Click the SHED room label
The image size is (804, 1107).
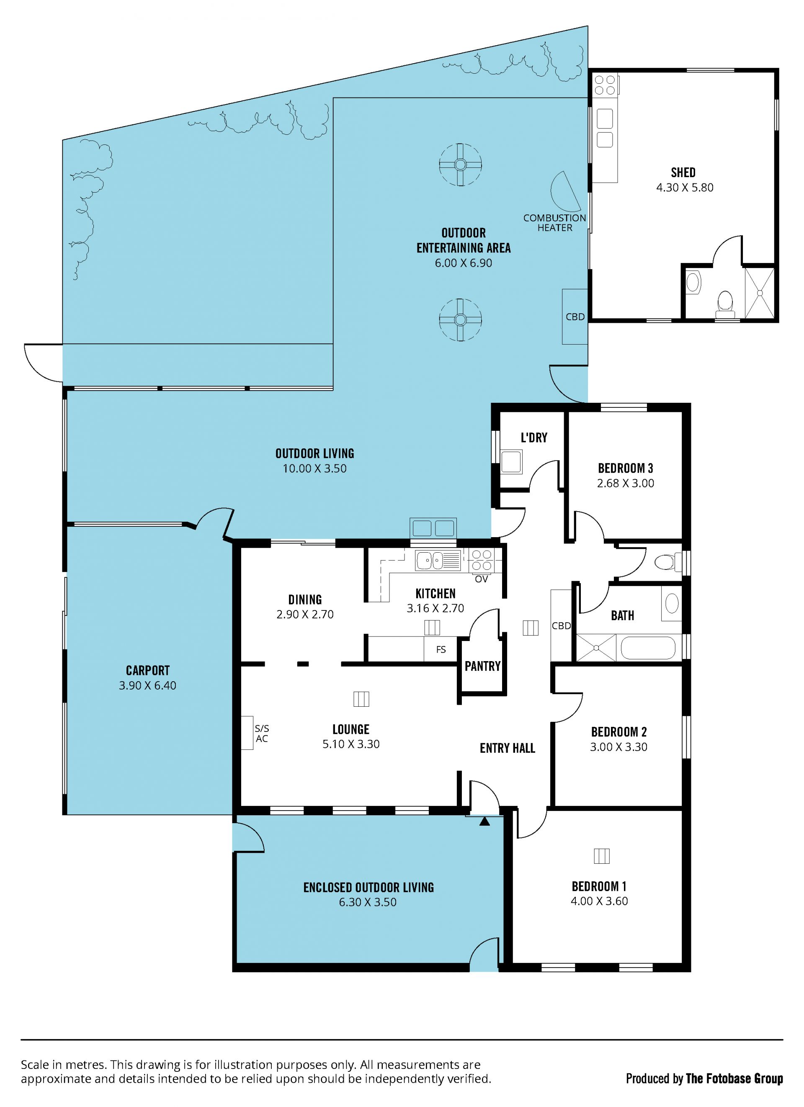(x=683, y=173)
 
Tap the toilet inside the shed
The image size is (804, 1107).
(x=725, y=304)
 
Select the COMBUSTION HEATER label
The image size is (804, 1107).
(x=554, y=223)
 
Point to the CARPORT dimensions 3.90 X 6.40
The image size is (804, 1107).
(x=147, y=685)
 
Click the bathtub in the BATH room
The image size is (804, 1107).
(x=648, y=648)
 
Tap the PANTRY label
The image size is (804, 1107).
(x=482, y=666)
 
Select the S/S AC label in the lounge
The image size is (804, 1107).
(x=262, y=733)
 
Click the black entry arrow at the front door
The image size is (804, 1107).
(x=484, y=821)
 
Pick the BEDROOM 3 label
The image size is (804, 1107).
(x=625, y=469)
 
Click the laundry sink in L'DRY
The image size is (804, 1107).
(x=512, y=462)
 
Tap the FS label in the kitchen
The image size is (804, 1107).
(x=441, y=650)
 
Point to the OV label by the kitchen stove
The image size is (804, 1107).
(x=481, y=579)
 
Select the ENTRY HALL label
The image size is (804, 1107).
(x=507, y=748)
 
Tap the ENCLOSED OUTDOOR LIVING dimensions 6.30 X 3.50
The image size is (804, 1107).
(x=368, y=902)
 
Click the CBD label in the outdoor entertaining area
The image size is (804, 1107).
(x=575, y=317)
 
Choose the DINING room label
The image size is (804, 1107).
(x=305, y=600)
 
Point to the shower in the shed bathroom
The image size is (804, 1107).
(x=760, y=292)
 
